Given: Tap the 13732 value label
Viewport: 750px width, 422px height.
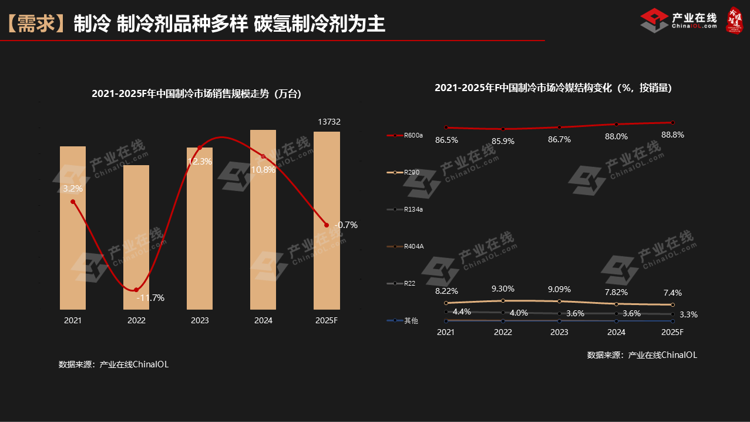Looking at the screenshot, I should [x=329, y=122].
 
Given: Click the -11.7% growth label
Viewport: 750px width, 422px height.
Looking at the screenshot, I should [x=150, y=298].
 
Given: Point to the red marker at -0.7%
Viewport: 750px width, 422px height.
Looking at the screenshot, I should [x=326, y=225].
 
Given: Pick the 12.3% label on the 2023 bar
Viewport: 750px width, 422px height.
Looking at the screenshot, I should [x=200, y=161].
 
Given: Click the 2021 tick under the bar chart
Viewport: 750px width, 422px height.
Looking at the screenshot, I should [x=73, y=321].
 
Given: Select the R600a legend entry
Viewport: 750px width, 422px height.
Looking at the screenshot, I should [x=405, y=135].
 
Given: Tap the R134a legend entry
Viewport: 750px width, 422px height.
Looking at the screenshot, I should [x=405, y=209].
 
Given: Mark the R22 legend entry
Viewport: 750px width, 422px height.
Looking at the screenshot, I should [x=402, y=283].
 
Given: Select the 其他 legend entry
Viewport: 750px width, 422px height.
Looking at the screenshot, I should [x=403, y=320].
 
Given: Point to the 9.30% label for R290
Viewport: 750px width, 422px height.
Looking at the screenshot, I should [x=503, y=289].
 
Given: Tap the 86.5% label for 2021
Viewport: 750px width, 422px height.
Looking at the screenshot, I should [x=446, y=140].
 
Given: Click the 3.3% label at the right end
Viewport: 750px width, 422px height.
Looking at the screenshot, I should [x=688, y=314].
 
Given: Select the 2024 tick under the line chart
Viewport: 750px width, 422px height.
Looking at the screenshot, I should [x=616, y=332].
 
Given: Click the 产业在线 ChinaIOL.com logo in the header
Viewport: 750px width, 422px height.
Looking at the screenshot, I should [x=679, y=21].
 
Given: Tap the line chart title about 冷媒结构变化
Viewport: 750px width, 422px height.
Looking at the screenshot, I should [x=553, y=88].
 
